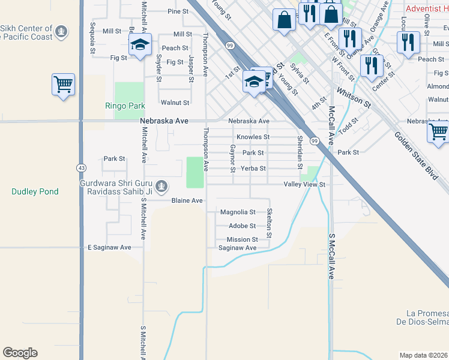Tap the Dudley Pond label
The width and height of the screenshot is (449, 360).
point(35,192)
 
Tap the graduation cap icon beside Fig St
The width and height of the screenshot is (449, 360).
point(140,45)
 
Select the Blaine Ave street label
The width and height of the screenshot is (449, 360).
point(187,200)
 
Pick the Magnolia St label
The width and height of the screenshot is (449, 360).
point(238,212)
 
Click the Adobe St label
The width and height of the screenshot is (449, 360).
point(243,226)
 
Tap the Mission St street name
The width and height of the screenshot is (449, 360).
point(242,239)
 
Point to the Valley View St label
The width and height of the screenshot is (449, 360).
point(304,185)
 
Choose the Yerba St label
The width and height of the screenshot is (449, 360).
point(253,169)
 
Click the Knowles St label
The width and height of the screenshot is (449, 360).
point(253,137)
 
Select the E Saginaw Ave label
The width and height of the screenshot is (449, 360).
point(109,247)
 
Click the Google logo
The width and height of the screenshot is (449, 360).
point(20,352)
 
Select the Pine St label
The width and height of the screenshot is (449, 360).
point(178,11)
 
